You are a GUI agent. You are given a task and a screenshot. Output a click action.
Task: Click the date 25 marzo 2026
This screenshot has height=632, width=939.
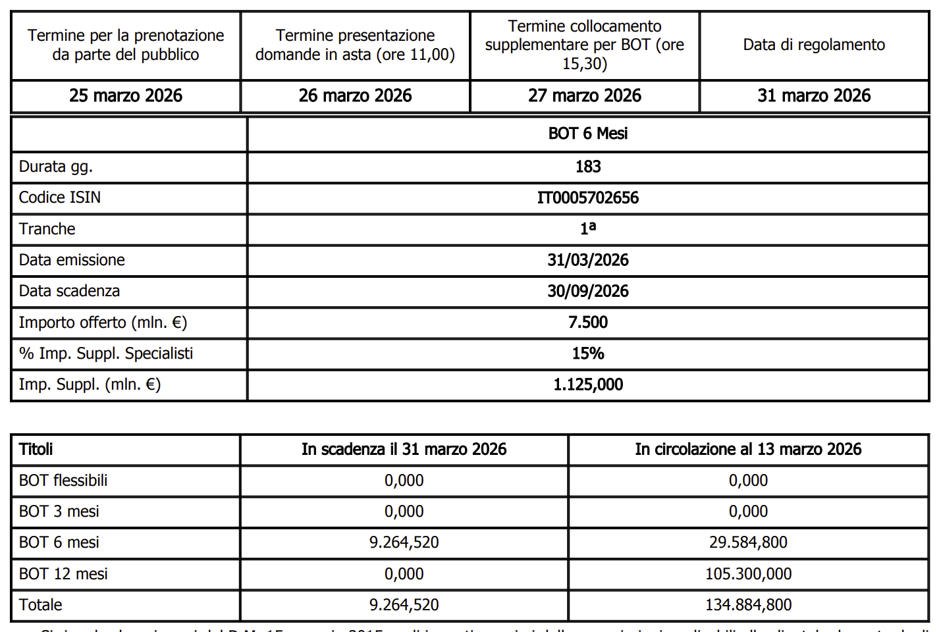[126, 96]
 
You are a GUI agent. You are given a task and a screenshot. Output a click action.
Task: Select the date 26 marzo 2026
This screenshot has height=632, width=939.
[355, 96]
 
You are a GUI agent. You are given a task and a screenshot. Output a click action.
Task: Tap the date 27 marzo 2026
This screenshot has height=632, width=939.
[584, 96]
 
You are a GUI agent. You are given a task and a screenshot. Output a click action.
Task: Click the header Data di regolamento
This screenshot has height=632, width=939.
[814, 45]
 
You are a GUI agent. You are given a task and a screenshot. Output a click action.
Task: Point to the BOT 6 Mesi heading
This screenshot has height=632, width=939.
[588, 134]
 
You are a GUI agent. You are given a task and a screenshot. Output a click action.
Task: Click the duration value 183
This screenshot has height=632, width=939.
[588, 167]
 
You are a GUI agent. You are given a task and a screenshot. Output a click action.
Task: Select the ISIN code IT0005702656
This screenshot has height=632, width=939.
[588, 197]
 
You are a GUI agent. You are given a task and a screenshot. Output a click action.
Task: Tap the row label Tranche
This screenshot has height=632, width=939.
[47, 229]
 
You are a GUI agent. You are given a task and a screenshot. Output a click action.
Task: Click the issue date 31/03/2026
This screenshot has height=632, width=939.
[588, 260]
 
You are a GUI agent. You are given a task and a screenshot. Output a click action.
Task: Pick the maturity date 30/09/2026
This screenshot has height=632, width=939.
[588, 291]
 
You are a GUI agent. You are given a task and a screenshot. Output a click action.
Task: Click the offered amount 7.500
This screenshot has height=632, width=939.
[588, 323]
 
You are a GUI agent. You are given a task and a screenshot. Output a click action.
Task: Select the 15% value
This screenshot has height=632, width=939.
[588, 354]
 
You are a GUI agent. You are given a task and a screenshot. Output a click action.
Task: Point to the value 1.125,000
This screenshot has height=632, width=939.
[588, 384]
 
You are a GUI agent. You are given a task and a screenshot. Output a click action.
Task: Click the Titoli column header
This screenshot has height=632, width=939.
[36, 450]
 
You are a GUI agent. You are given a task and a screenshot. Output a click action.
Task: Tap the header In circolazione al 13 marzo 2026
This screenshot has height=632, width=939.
[748, 450]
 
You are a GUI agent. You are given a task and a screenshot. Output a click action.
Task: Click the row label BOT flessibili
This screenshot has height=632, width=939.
[63, 481]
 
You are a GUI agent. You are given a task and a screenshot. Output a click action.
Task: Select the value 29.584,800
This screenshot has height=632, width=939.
[748, 542]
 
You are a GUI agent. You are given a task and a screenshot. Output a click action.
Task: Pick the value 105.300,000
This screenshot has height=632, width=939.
[748, 574]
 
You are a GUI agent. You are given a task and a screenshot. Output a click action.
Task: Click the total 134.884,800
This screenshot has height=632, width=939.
[748, 605]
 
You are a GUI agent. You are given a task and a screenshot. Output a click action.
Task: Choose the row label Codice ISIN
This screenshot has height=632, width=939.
[60, 197]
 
